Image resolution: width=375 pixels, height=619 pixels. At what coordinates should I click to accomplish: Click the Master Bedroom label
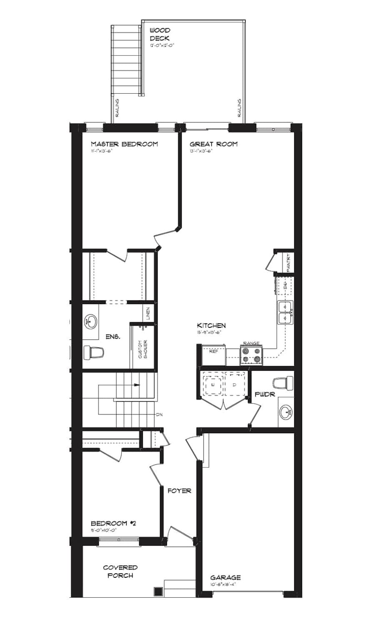coord(124,144)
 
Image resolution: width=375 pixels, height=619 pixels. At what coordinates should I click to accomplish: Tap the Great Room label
coord(213,144)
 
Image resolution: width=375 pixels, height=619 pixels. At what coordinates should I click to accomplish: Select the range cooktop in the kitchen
coord(251,355)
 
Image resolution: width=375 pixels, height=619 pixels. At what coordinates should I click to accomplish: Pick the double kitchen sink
coord(285,312)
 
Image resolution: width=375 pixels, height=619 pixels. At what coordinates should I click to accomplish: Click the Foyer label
coord(179,491)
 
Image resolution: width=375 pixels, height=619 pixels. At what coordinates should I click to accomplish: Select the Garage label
coord(225,577)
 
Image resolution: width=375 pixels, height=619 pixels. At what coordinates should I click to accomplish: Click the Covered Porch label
coord(120,571)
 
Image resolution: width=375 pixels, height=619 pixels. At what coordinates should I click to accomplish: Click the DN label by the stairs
coord(159,415)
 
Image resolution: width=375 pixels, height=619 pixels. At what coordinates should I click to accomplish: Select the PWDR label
coord(265,394)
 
